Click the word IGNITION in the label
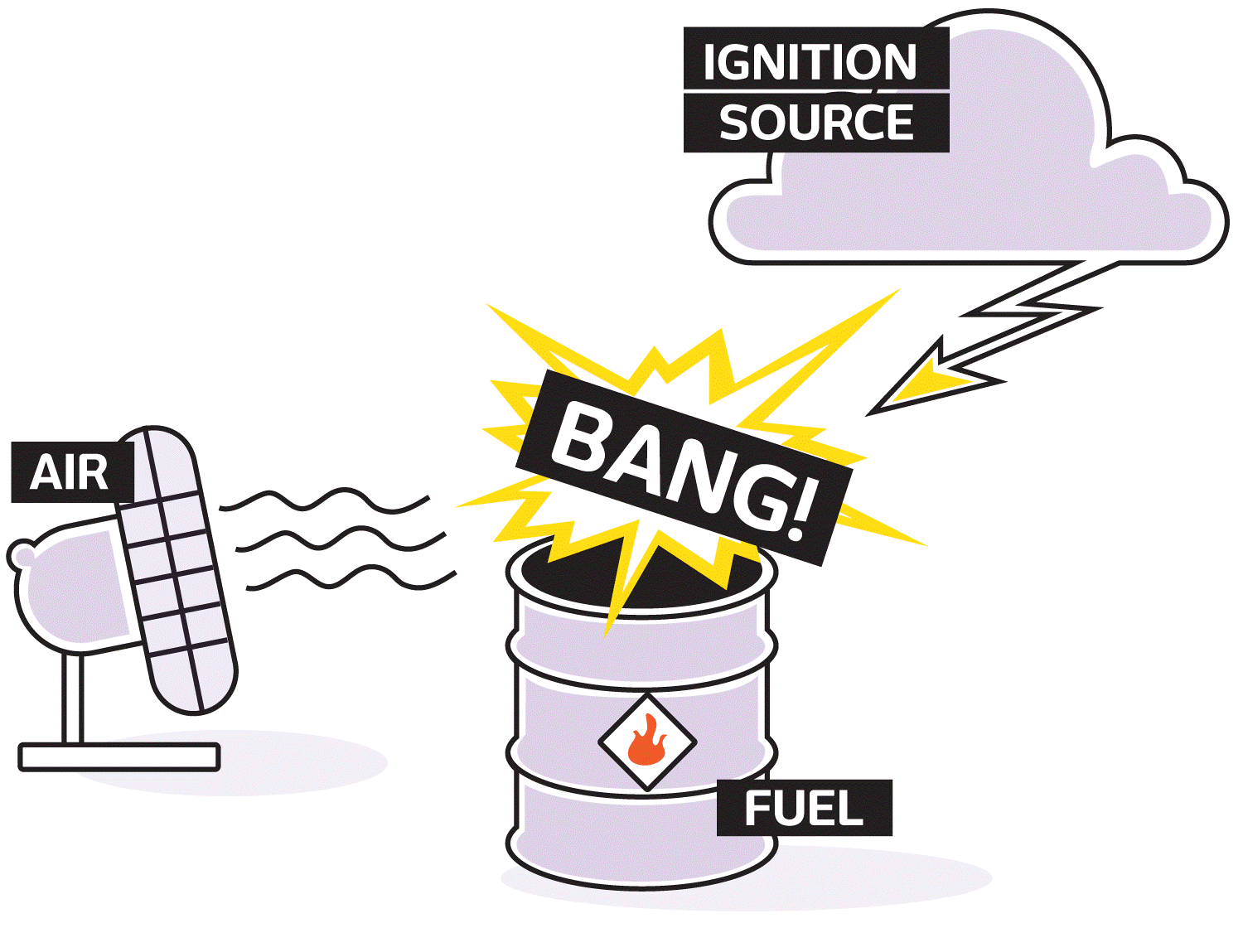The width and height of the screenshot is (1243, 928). click(810, 61)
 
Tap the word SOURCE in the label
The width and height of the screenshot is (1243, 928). click(816, 123)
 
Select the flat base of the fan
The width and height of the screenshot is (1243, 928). click(119, 757)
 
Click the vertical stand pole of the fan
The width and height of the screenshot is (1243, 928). click(72, 698)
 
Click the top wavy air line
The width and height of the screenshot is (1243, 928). click(324, 500)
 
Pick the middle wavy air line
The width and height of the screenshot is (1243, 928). click(341, 539)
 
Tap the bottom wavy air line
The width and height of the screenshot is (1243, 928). click(351, 578)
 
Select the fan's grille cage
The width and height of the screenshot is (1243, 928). click(175, 570)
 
